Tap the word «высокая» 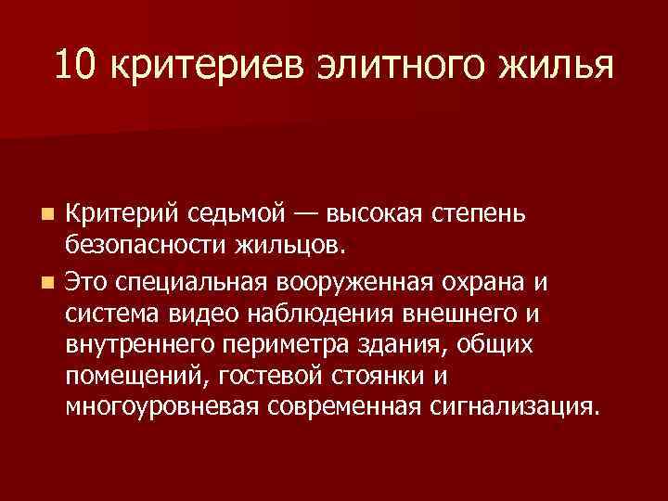point(375,215)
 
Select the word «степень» point(482,215)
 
